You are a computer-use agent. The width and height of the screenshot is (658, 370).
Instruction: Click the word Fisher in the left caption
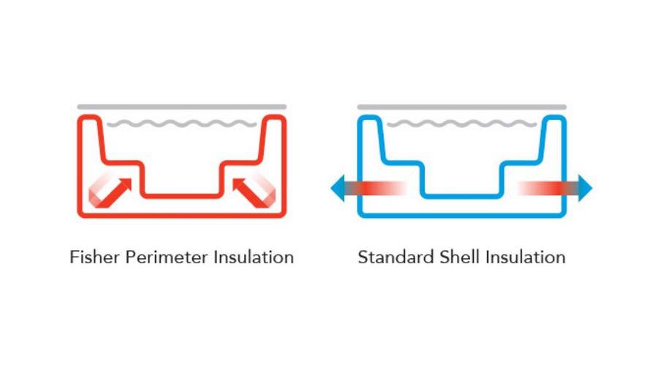(x=94, y=257)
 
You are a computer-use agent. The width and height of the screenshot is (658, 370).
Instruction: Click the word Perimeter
(x=166, y=257)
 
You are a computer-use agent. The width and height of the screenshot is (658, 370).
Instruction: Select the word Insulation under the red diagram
(x=254, y=257)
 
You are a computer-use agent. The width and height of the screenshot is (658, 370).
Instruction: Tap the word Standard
(x=396, y=257)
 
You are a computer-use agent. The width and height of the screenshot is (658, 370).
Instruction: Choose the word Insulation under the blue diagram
(x=526, y=257)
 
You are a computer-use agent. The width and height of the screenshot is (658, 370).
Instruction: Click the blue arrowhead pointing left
(x=338, y=188)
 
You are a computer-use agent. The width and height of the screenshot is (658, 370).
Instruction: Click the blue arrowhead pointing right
(x=585, y=188)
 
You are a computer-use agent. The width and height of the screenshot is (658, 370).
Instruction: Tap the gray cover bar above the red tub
(x=182, y=107)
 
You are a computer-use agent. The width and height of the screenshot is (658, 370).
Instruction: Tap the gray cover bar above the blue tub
(x=461, y=107)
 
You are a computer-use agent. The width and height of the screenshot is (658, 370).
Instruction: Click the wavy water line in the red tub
(x=182, y=124)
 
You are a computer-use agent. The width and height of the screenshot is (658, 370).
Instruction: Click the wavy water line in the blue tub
(x=461, y=124)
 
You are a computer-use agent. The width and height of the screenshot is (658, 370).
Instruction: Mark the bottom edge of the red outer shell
(x=182, y=216)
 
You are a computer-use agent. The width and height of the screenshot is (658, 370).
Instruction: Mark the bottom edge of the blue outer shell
(x=461, y=216)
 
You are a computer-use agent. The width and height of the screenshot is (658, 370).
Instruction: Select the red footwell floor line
(x=182, y=196)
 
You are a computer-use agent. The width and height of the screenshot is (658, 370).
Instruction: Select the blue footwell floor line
(x=461, y=196)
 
